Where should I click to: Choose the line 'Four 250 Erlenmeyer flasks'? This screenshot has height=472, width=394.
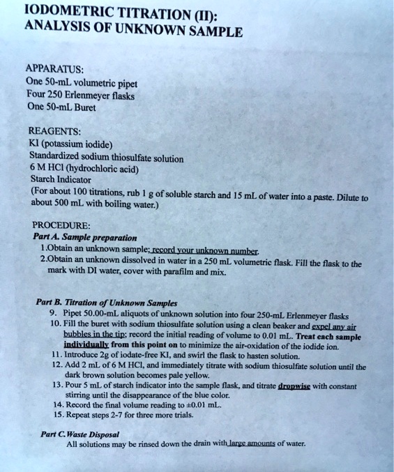click(80, 95)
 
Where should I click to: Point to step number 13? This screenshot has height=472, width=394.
click(56, 384)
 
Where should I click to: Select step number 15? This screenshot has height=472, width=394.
click(56, 415)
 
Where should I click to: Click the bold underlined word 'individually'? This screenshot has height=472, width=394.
click(87, 344)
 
